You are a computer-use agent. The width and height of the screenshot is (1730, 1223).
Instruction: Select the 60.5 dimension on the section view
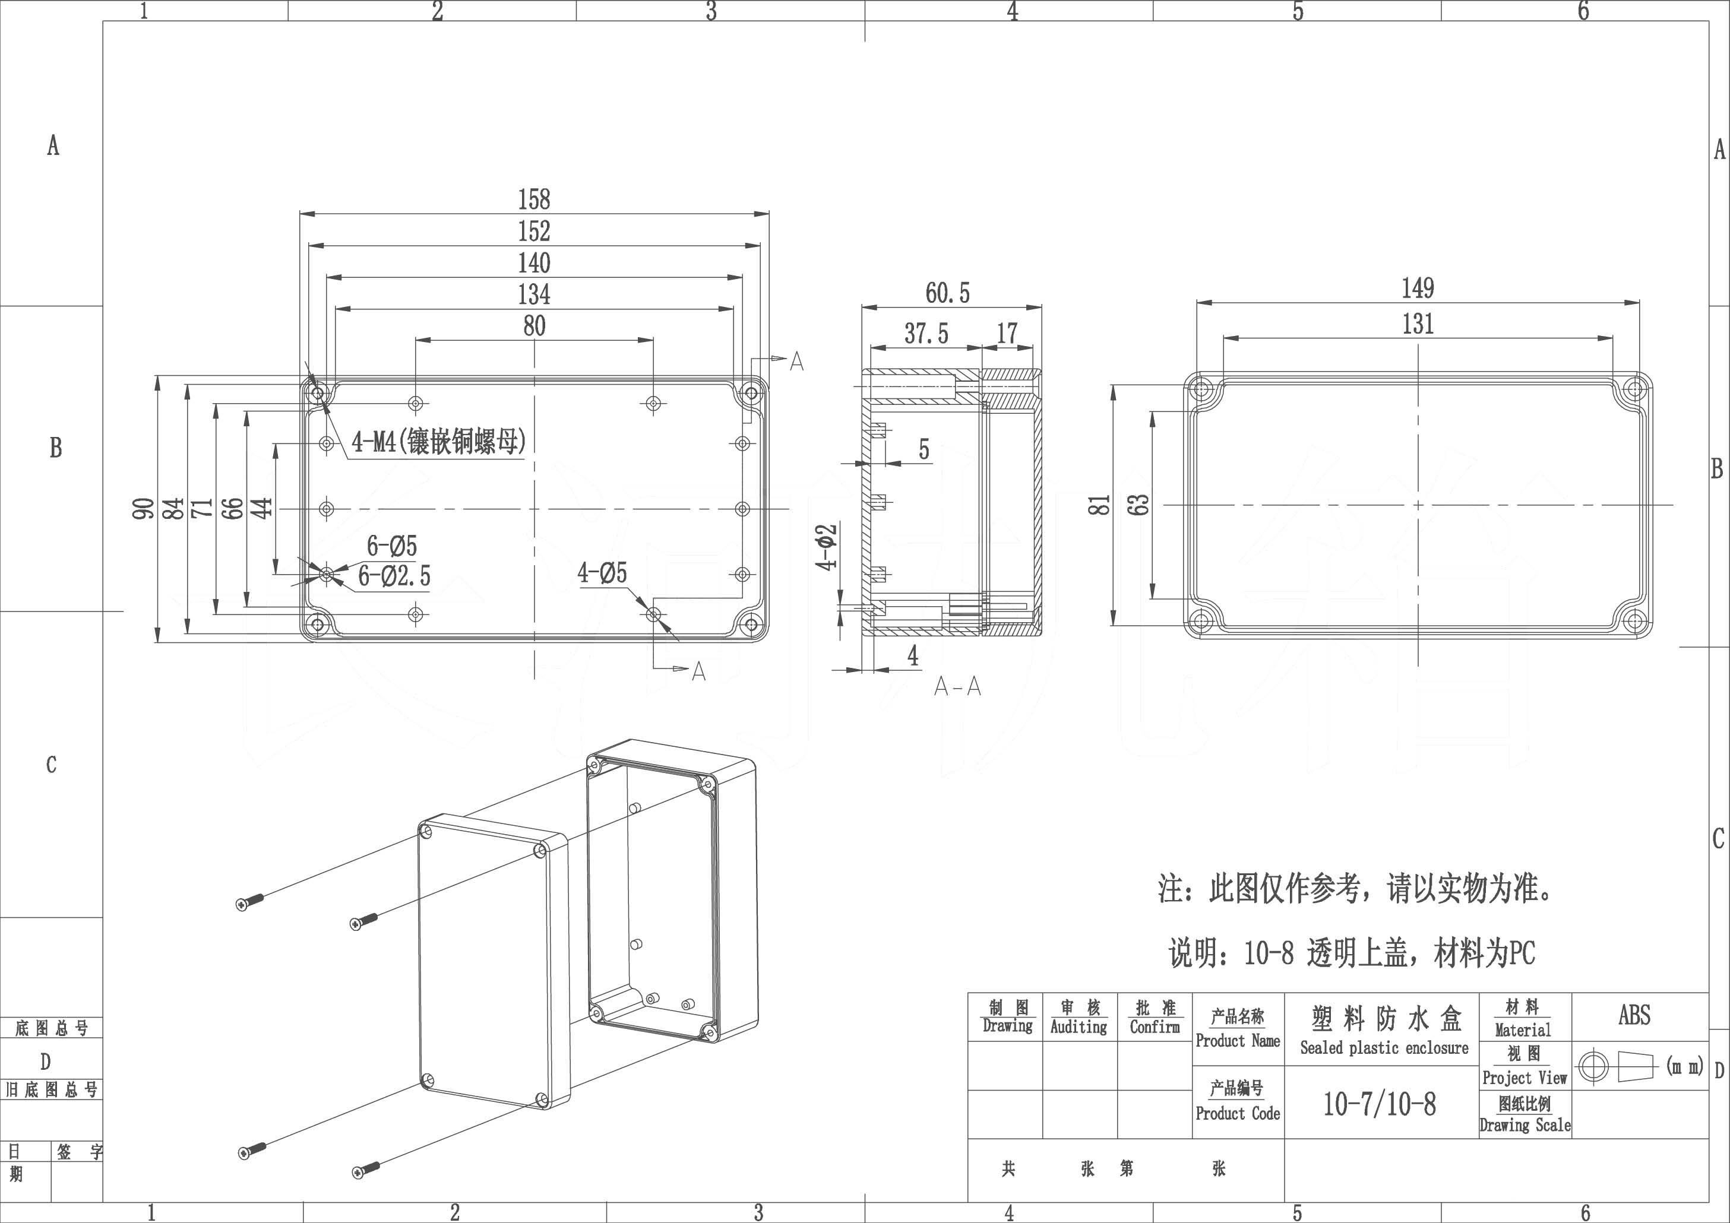pos(947,293)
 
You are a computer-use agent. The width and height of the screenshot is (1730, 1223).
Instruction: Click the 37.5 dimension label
pos(926,334)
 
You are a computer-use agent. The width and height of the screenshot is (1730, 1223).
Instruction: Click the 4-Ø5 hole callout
pos(602,573)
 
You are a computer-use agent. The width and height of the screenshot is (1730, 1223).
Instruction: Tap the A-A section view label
pos(957,687)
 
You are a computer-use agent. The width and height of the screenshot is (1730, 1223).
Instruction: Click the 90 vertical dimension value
pos(143,508)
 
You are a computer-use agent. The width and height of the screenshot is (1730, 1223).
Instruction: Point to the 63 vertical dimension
pos(1141,504)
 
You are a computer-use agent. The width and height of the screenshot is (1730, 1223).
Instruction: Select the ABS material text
pos(1634,1015)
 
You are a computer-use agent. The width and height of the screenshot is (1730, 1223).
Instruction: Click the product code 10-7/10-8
pos(1380,1104)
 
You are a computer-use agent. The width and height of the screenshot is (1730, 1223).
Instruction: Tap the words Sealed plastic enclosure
pos(1384,1047)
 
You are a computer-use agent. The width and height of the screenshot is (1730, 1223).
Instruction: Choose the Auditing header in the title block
pos(1079,1026)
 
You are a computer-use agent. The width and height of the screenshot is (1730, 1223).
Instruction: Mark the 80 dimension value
pos(535,326)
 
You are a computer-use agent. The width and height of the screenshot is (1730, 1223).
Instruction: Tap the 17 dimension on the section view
pos(1007,334)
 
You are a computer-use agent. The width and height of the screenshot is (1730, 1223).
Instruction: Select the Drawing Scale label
pos(1525,1125)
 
